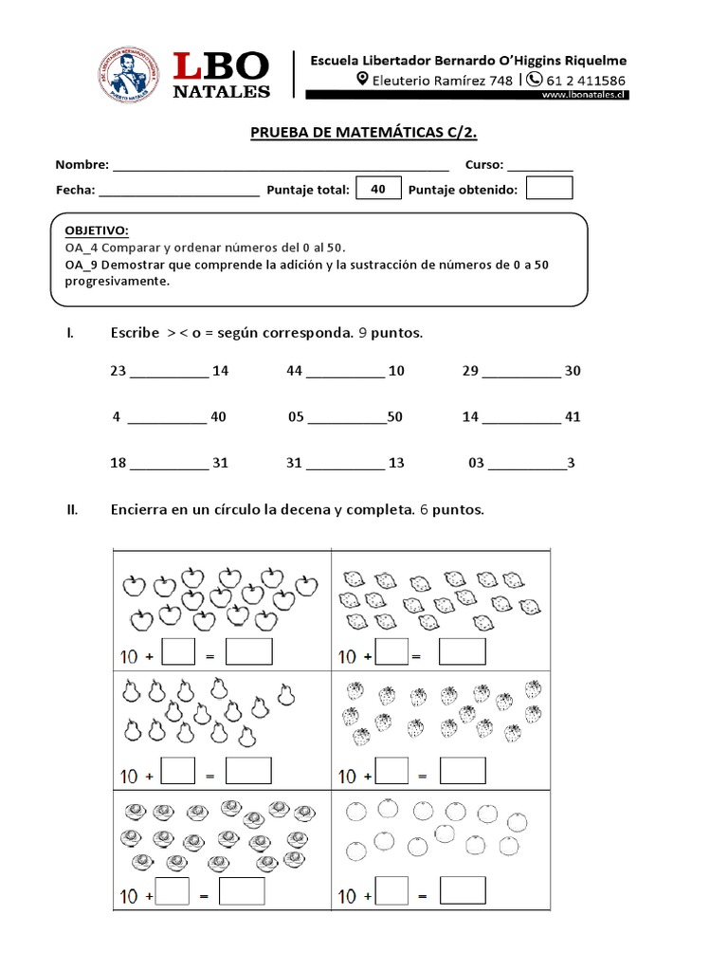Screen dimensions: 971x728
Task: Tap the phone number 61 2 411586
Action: pyautogui.click(x=585, y=80)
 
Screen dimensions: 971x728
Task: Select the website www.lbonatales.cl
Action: pyautogui.click(x=583, y=95)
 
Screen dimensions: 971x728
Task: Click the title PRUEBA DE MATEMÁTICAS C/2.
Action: pyautogui.click(x=370, y=133)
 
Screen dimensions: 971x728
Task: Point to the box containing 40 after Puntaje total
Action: pyautogui.click(x=378, y=189)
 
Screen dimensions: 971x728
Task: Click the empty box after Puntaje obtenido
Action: pyautogui.click(x=549, y=189)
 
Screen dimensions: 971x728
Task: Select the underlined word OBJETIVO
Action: pyautogui.click(x=96, y=230)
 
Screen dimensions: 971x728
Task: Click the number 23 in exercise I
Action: pyautogui.click(x=118, y=371)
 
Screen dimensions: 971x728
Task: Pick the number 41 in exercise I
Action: pyautogui.click(x=573, y=416)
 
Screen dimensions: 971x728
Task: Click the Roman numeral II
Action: pyautogui.click(x=71, y=510)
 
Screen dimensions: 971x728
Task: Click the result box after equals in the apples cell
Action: pyautogui.click(x=249, y=652)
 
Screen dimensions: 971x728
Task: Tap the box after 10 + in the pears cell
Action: pyautogui.click(x=178, y=772)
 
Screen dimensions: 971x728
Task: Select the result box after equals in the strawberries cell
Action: pyautogui.click(x=464, y=771)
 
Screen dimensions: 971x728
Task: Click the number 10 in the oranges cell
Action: pyautogui.click(x=348, y=896)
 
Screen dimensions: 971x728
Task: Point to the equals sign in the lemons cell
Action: pyautogui.click(x=423, y=656)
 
